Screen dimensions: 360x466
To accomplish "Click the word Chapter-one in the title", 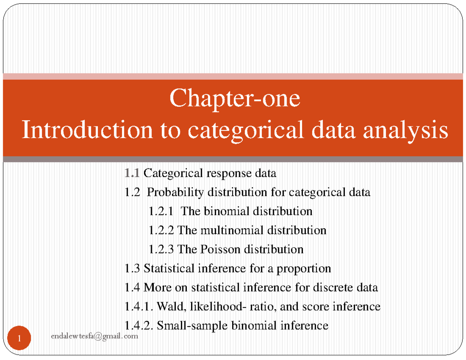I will [x=235, y=99].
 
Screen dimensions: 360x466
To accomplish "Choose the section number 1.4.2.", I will [x=138, y=325].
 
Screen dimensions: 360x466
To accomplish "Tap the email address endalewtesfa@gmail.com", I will [x=94, y=336].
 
